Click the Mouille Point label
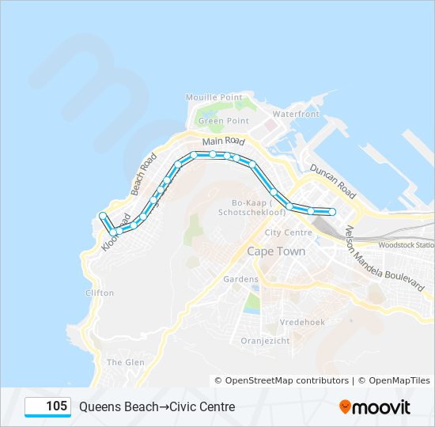(214, 96)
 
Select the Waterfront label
(295, 114)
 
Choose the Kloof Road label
(114, 235)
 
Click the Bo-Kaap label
(236, 208)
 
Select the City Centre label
(289, 232)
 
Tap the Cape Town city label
(276, 251)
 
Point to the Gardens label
(241, 279)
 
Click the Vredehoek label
(301, 322)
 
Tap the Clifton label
(100, 293)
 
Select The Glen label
(125, 361)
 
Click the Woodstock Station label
(407, 245)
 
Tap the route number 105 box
(48, 406)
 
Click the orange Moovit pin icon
(345, 406)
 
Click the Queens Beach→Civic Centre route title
(157, 406)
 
